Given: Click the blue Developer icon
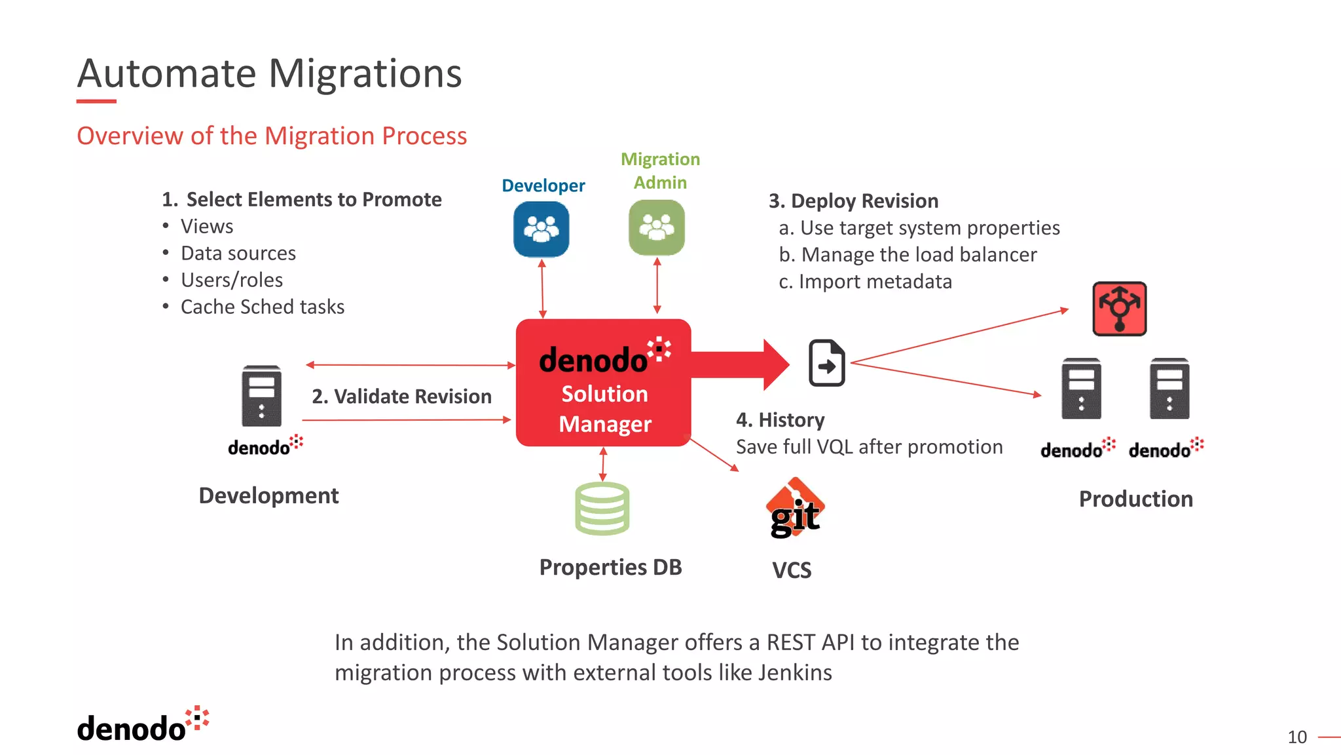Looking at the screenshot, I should (x=541, y=229).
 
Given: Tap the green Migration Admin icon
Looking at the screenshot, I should (x=657, y=227).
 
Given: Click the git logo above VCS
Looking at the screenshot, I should (x=795, y=510).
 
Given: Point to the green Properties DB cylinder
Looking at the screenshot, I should (x=602, y=509).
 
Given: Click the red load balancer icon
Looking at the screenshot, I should (x=1119, y=309).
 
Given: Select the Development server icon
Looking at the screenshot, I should (x=261, y=396).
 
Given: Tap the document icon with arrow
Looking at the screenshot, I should (x=826, y=362).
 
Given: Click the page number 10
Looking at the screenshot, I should (x=1296, y=737).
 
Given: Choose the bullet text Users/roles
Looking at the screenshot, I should (x=232, y=280).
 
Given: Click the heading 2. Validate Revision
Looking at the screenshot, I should (x=401, y=397).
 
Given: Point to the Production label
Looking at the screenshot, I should (x=1135, y=499).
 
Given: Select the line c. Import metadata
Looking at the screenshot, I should (x=865, y=282).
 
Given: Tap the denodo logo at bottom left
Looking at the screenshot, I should (x=142, y=726).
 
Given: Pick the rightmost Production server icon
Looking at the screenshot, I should (x=1169, y=389).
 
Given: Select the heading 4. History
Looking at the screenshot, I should (x=780, y=420).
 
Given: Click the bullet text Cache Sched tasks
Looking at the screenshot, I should (x=262, y=307).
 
